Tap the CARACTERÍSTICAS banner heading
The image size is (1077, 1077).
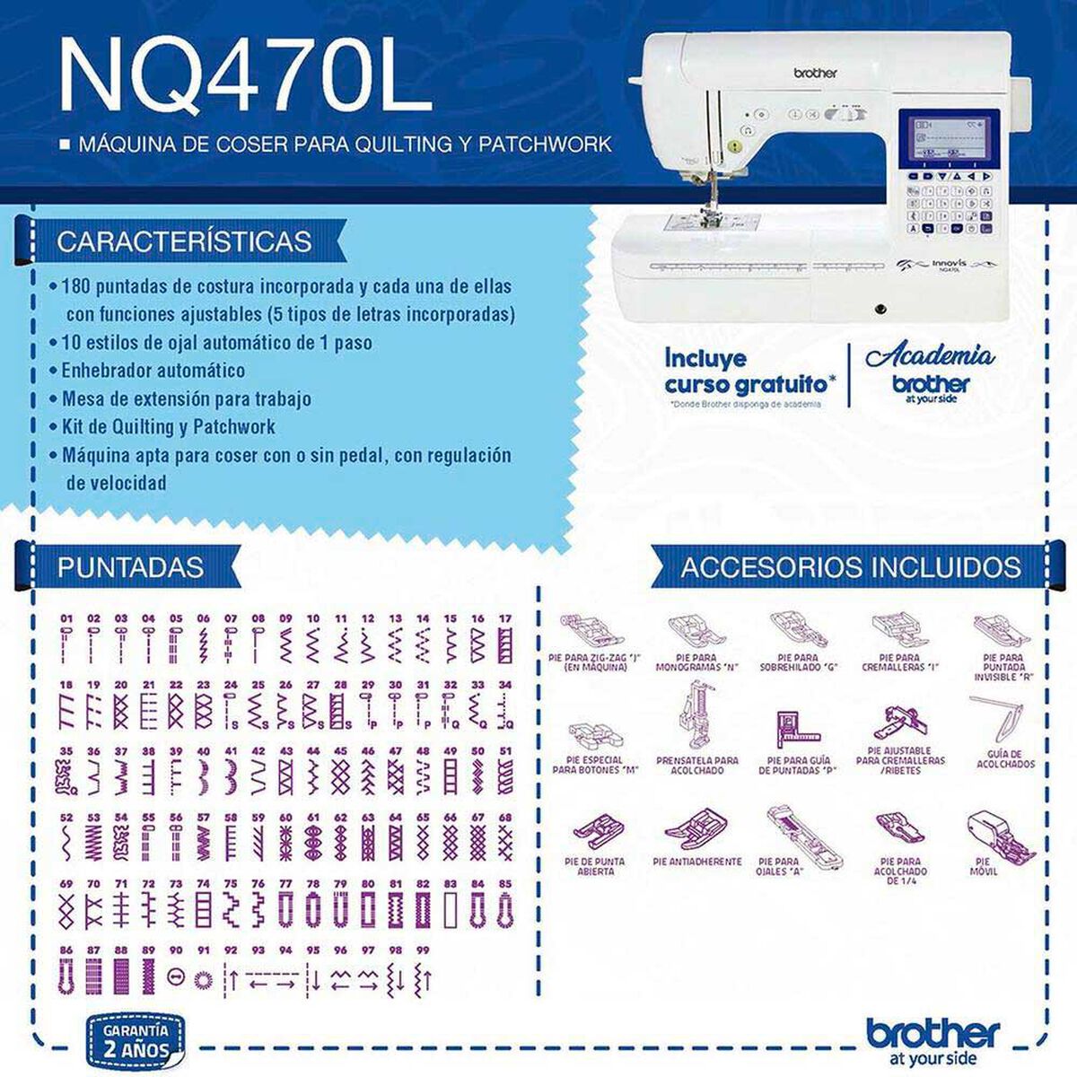click(184, 241)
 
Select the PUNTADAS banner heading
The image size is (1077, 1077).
click(130, 566)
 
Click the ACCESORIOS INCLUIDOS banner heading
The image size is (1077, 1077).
click(850, 566)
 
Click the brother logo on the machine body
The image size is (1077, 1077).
click(813, 73)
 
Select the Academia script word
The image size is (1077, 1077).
click(929, 355)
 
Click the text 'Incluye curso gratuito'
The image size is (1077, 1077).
click(749, 371)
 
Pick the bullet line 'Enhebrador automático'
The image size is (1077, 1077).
click(153, 371)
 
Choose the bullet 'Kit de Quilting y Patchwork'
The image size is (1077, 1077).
click(168, 426)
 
